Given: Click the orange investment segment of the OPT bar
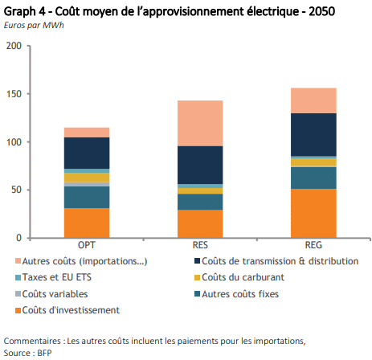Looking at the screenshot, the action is coord(87,223).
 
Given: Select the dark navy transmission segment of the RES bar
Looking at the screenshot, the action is coord(200,165).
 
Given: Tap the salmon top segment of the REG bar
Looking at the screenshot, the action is coord(313,100).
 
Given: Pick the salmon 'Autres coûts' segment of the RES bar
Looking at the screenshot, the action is coord(200,123).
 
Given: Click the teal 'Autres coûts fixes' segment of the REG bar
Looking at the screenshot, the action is coord(313,178).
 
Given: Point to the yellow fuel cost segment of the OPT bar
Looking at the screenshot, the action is coord(87,178).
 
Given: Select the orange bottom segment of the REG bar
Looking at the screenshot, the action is coord(313,213).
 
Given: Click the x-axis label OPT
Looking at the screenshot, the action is coord(87,245).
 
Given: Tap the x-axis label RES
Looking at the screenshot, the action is coord(200,245).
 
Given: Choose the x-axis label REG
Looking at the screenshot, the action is coord(313,245).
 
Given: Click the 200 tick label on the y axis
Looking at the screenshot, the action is coord(14,46).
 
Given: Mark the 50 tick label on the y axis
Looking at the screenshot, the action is coord(16,190).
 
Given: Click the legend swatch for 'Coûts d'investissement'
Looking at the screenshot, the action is coord(18,311).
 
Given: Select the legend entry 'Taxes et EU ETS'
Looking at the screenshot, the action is coord(54,277).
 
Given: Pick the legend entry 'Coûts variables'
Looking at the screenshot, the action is coord(51,294).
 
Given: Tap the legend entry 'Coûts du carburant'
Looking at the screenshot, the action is coord(239,277).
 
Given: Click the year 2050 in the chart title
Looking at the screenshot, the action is coord(322,11).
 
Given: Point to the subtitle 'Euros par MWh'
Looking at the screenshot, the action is coord(34,25).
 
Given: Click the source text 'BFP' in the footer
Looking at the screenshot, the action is coord(45,353).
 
